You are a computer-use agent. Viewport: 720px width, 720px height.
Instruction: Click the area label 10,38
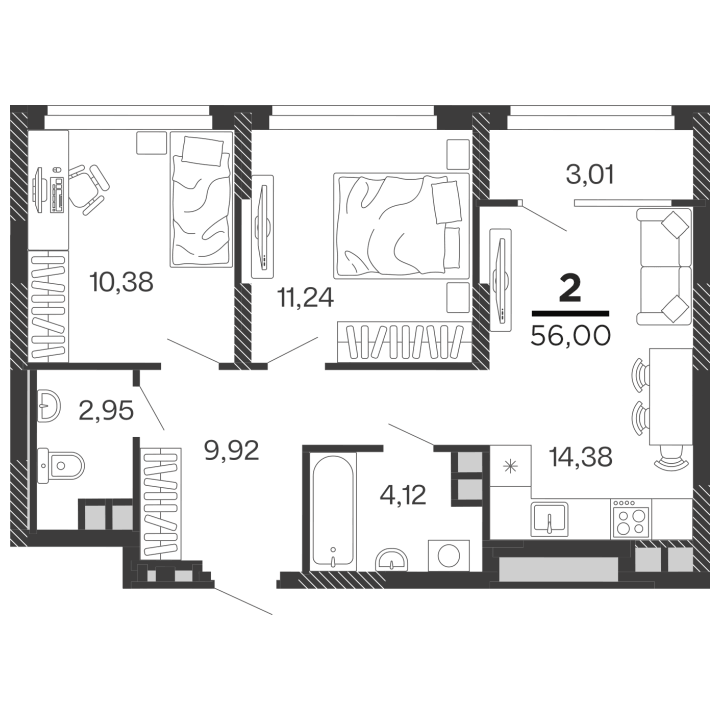tap(122, 282)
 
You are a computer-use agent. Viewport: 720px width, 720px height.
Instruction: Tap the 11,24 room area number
tap(305, 298)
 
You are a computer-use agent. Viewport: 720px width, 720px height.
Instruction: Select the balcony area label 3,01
tap(590, 175)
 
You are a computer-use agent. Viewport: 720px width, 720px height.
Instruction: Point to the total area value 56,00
tap(571, 336)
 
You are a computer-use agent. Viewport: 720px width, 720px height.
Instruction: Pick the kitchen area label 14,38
tap(581, 457)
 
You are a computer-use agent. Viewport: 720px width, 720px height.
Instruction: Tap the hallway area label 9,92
tap(232, 450)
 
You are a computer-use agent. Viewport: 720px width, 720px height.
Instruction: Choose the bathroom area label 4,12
tap(403, 495)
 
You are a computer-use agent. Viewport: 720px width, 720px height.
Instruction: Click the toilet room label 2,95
tap(106, 410)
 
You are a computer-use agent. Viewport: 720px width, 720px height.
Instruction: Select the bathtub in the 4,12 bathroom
tap(333, 511)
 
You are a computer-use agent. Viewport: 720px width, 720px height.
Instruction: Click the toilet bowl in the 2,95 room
tap(61, 466)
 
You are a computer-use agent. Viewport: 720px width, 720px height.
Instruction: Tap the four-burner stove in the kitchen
tap(630, 518)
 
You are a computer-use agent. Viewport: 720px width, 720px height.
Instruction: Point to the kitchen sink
tap(549, 519)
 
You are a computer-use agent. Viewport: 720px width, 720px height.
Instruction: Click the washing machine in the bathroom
tap(449, 556)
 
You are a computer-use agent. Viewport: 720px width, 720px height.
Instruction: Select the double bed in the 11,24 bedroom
tap(402, 226)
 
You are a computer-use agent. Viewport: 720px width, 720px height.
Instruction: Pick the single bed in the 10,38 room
tap(201, 199)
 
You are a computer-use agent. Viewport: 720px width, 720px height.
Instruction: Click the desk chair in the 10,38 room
tap(89, 189)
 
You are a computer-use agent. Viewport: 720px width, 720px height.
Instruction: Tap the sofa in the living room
tap(664, 266)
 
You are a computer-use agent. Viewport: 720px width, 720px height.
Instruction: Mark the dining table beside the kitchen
tap(671, 397)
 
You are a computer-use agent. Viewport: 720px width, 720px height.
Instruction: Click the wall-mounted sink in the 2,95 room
tap(49, 405)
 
